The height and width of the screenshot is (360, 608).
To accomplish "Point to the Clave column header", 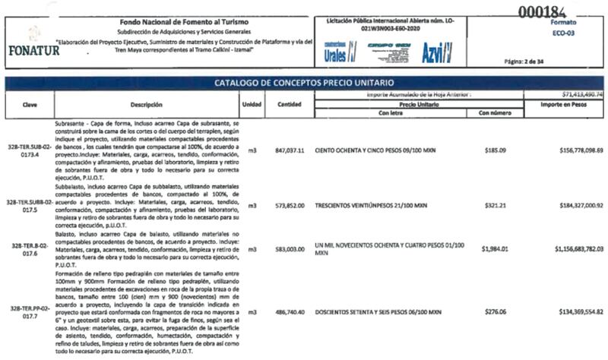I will pos(30,104).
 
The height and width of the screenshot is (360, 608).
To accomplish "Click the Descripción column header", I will pos(147,104).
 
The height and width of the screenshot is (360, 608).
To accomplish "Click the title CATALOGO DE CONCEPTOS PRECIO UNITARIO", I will pos(304,82).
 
